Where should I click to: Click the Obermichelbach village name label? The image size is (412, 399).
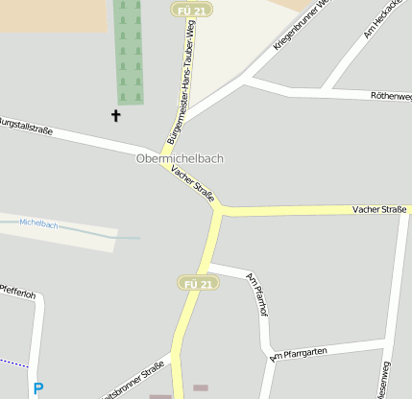coord(180,158)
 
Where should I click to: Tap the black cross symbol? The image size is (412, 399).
coord(117,116)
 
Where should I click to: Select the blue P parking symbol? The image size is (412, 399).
coord(38,389)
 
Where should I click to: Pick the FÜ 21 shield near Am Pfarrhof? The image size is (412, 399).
coord(199,283)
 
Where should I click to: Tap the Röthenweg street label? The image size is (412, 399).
coord(391,96)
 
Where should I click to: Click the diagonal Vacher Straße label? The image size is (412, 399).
coord(192,182)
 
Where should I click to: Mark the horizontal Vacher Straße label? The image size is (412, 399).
coord(379,208)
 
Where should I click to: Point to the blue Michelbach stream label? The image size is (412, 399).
coord(38,224)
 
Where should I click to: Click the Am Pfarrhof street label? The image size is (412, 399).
coord(256,294)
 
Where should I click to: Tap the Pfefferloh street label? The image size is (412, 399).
coord(18,293)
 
